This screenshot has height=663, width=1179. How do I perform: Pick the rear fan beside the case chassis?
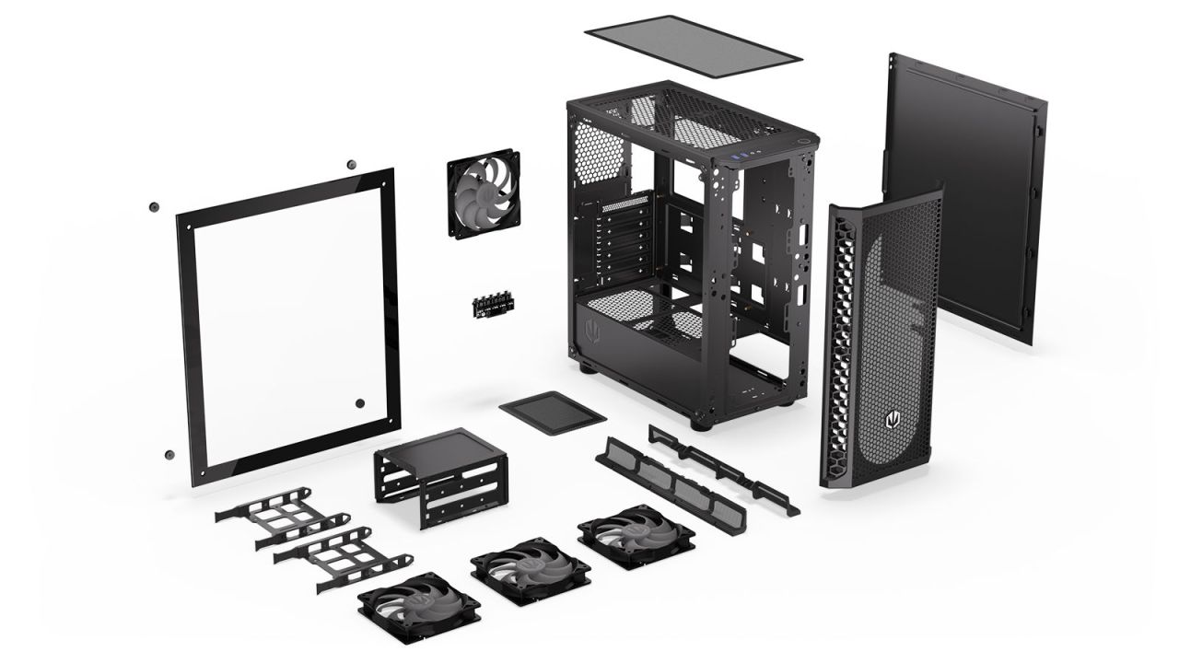[x=484, y=193]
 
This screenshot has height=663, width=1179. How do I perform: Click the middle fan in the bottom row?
[x=531, y=572]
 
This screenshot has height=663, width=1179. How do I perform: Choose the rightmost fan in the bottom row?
[x=636, y=536]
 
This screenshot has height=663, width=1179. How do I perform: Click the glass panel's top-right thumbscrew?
[x=351, y=165]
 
